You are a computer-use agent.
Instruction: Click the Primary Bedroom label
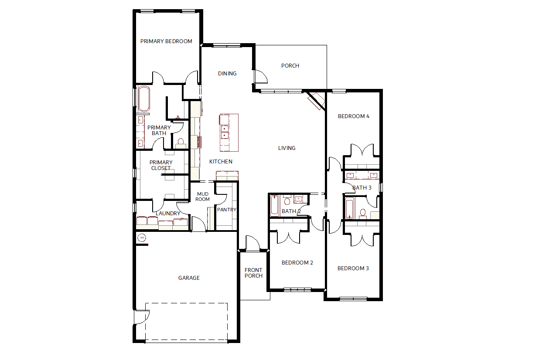[166, 41]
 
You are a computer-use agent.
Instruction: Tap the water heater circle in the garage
[142, 238]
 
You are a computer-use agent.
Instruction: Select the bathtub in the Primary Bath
[144, 99]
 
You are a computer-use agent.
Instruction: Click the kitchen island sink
[225, 132]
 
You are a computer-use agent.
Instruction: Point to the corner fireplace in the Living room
[317, 101]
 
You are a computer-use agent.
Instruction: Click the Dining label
[227, 74]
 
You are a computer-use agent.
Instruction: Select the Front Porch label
[253, 273]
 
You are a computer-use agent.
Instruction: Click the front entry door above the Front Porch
[252, 243]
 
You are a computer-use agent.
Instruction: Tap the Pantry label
[227, 210]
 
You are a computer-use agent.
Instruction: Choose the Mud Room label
[203, 197]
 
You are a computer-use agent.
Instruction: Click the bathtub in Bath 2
[275, 206]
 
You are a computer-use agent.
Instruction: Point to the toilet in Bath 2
[287, 200]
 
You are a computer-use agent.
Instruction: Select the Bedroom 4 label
[354, 116]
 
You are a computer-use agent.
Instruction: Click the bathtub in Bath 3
[349, 208]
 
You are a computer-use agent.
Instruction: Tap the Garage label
[189, 278]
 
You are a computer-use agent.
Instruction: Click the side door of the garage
[141, 317]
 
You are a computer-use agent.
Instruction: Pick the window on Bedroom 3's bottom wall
[353, 299]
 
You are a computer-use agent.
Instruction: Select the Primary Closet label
[161, 165]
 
